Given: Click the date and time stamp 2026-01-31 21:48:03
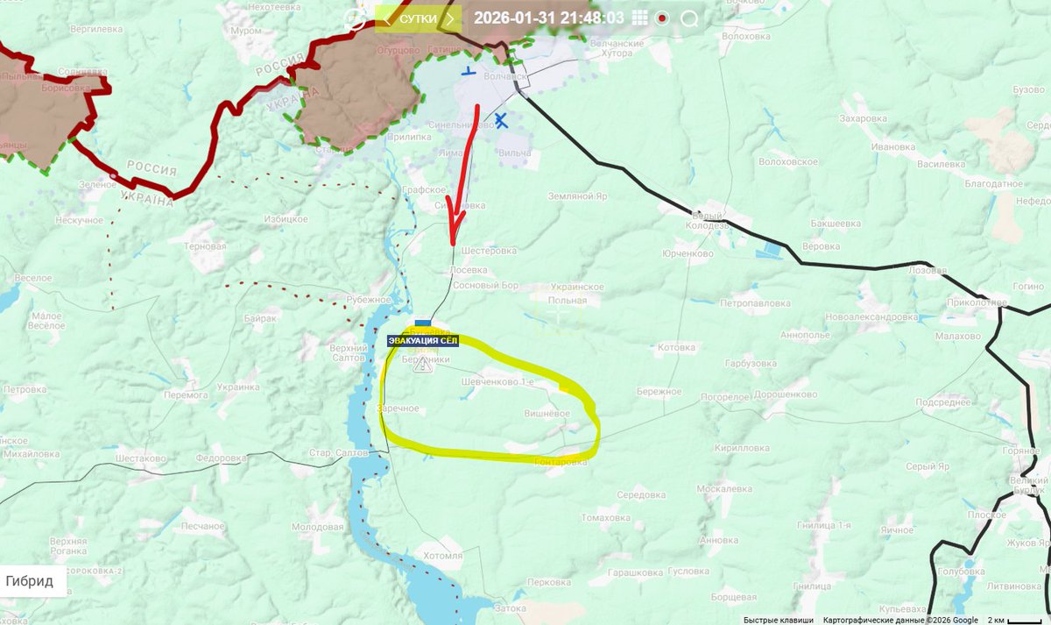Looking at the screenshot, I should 548,18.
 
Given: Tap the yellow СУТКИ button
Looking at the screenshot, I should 419,18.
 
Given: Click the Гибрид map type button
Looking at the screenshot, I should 30,580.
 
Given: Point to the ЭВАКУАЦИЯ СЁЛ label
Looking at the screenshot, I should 423,342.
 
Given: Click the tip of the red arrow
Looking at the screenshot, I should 453,243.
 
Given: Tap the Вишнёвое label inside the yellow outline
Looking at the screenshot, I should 547,414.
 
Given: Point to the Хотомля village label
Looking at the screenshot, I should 442,555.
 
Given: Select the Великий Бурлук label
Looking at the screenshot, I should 1029,486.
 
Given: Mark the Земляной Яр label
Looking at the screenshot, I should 577,196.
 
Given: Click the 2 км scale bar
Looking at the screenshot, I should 1013,620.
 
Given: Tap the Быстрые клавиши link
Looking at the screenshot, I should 779,620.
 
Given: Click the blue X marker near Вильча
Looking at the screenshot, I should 500,120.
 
